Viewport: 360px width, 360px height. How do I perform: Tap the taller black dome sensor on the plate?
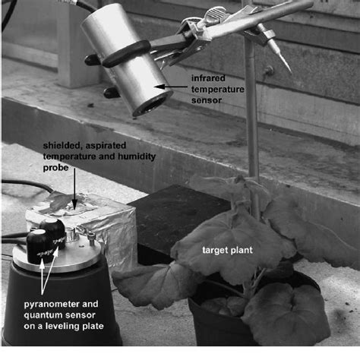[39, 247]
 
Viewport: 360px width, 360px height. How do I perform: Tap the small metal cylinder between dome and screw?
[75, 239]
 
